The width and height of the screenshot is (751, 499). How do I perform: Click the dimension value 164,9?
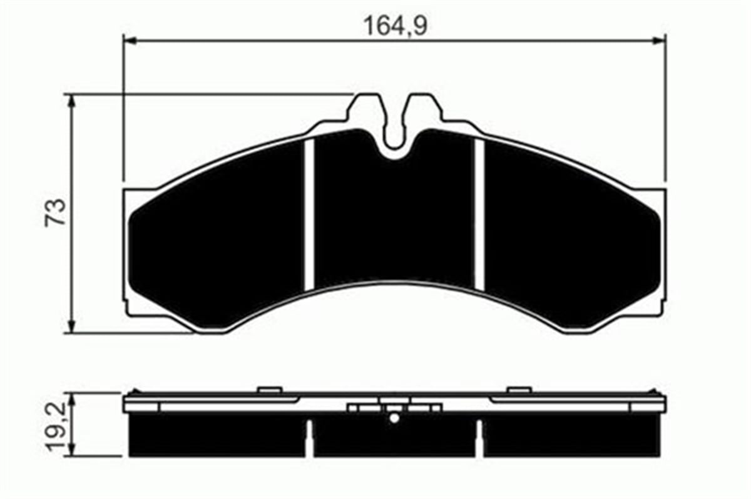tap(395, 26)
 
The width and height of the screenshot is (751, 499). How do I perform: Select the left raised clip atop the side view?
tap(268, 390)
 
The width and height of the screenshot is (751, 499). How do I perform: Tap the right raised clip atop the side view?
tap(519, 390)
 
